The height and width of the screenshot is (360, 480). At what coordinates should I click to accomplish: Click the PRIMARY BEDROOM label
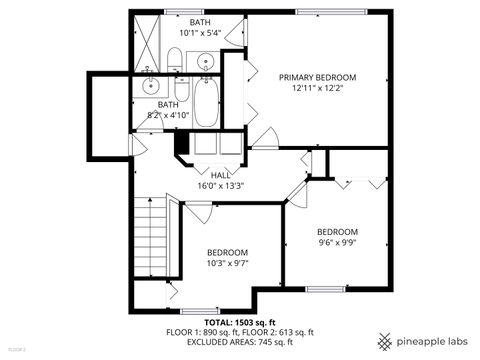317,76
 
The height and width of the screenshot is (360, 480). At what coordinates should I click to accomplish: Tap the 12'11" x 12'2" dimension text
317,87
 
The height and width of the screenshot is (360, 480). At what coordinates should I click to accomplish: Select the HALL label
220,174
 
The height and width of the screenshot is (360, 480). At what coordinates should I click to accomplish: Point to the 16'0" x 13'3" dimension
220,185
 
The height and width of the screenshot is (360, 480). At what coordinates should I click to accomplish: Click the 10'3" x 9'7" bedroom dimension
228,263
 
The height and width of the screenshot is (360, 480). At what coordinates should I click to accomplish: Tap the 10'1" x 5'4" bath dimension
200,32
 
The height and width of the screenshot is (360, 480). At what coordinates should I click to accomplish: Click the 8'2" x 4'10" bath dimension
168,115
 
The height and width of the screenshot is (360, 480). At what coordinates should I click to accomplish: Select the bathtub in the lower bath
206,109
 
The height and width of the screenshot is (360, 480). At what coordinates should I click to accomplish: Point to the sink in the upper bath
206,60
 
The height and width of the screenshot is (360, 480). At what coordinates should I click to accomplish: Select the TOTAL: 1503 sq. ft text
240,321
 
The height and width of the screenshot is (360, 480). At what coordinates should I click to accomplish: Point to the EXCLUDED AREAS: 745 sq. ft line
240,342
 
